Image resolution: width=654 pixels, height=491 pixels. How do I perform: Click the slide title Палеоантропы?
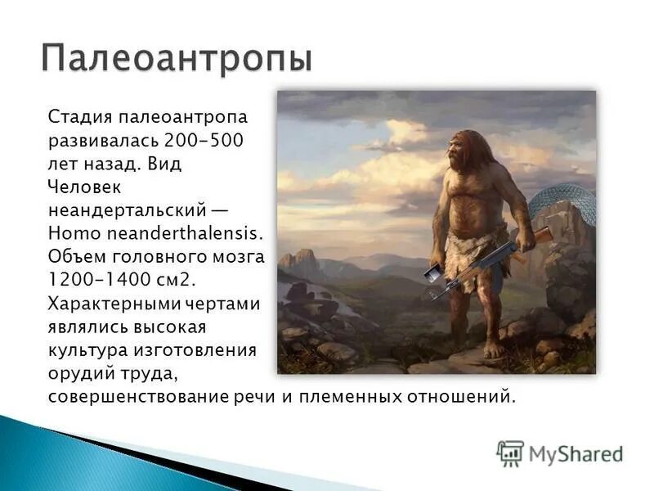177,58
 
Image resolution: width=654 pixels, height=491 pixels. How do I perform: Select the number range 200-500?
204,141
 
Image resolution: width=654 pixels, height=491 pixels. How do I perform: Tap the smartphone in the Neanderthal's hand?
432,273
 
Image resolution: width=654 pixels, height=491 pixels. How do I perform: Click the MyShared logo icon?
510,453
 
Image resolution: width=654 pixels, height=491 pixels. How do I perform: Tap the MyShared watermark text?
576,454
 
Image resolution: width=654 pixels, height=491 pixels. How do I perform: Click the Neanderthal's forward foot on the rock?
492,349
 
